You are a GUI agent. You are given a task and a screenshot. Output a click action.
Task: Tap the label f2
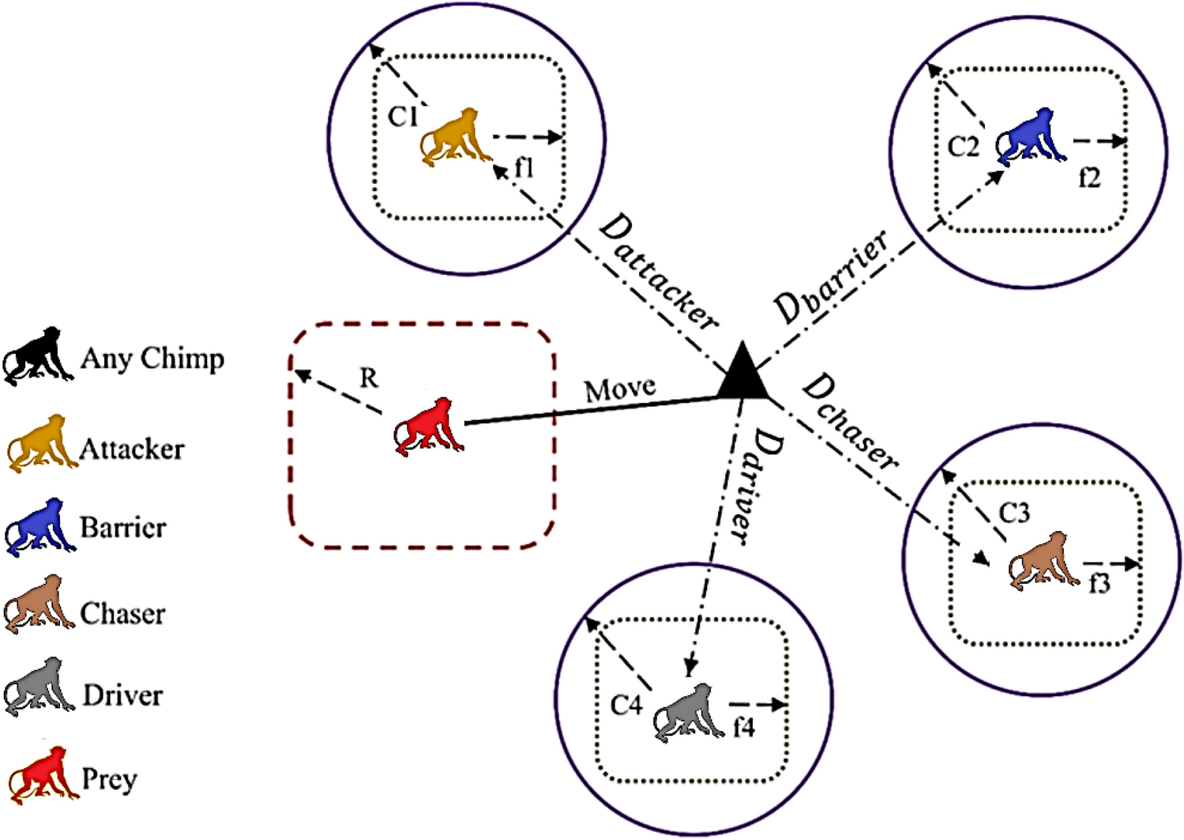coord(1089,179)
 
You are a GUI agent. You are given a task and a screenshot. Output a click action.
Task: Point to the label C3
coord(1014,513)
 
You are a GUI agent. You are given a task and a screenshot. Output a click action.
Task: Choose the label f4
coord(743,727)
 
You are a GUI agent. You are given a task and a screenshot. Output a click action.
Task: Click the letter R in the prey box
coord(369,379)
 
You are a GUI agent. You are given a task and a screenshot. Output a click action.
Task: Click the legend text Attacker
coord(132,449)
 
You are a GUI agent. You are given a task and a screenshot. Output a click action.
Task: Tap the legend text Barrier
coord(123,527)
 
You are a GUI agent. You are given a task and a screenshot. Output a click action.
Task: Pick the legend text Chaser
coord(123,613)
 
